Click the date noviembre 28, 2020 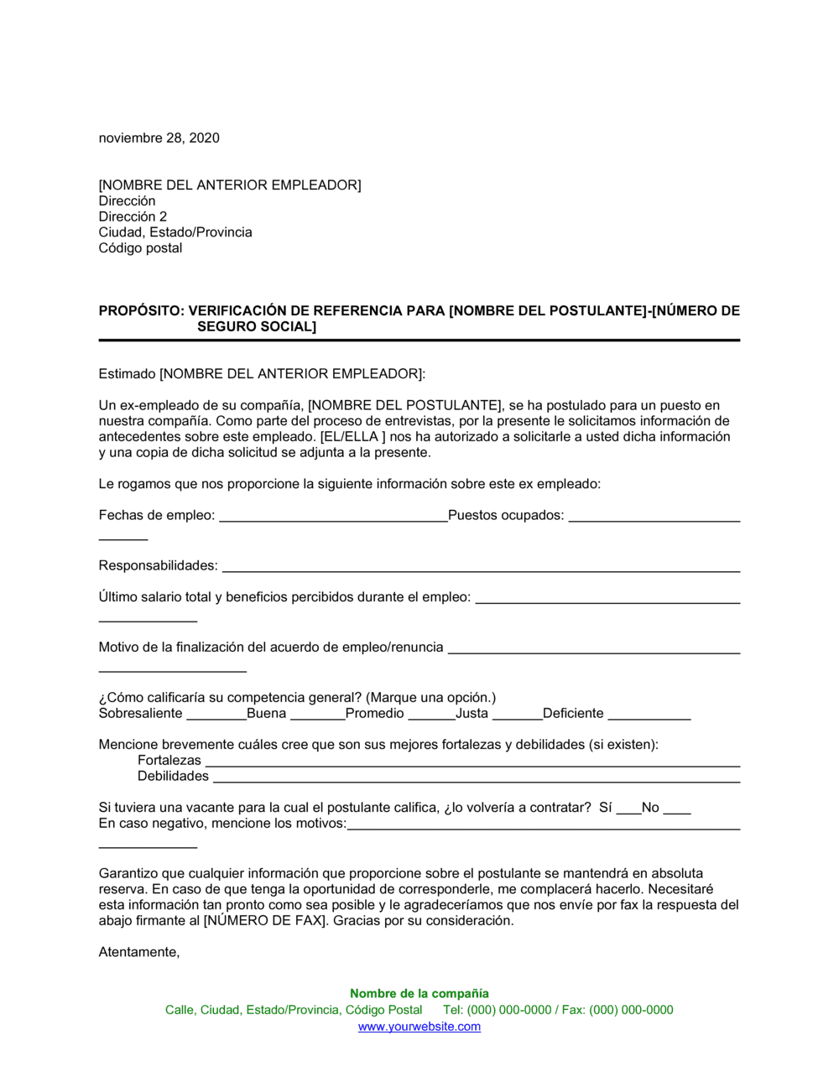click(x=159, y=138)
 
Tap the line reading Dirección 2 click(x=133, y=216)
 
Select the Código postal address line click(x=140, y=248)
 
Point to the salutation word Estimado click(x=127, y=374)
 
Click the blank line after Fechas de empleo click(x=333, y=519)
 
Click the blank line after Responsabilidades click(x=481, y=570)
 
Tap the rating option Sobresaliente click(x=140, y=714)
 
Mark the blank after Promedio click(x=431, y=718)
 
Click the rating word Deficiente click(x=573, y=714)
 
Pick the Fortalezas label click(x=169, y=761)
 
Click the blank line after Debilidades click(x=476, y=781)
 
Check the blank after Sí click(x=628, y=812)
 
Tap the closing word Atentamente click(x=139, y=953)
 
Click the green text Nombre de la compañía click(x=419, y=994)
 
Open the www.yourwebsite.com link click(x=419, y=1027)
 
